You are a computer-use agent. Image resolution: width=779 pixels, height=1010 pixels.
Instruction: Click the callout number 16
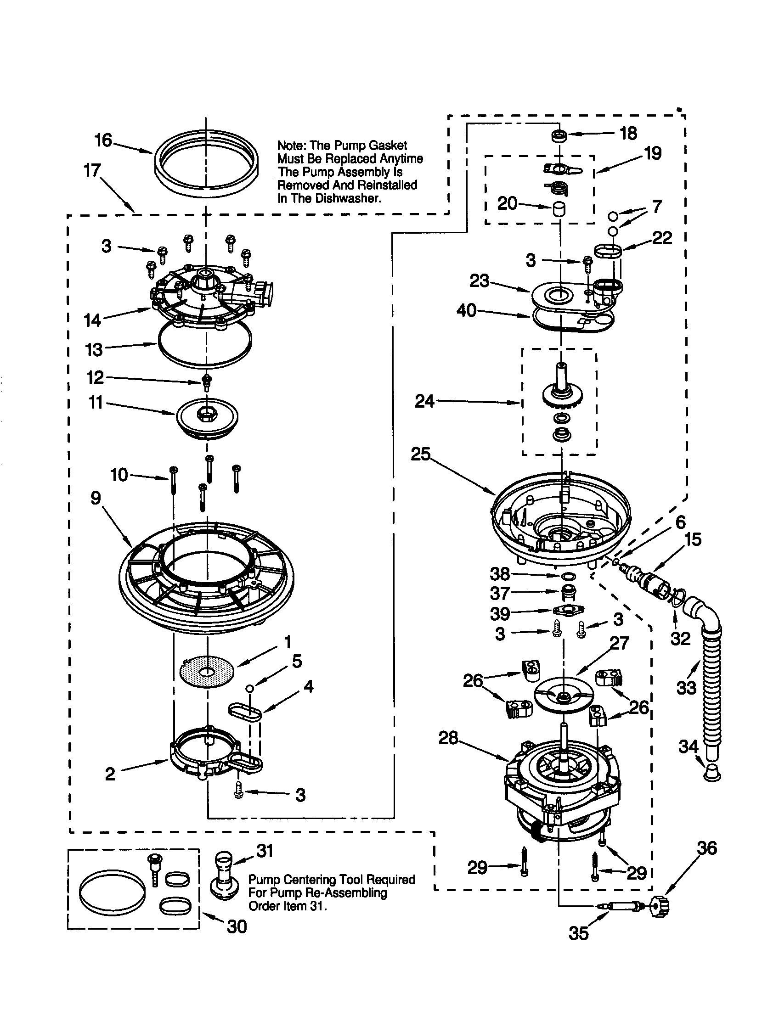click(103, 140)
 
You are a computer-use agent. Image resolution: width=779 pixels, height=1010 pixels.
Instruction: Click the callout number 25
click(420, 454)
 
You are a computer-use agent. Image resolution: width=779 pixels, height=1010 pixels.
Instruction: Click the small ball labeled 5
click(250, 689)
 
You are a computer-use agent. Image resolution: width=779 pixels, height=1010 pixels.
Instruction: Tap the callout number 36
click(707, 848)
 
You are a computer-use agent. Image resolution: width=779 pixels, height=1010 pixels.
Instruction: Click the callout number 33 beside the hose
click(686, 688)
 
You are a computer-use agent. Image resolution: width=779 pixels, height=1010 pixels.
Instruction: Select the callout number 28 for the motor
click(448, 738)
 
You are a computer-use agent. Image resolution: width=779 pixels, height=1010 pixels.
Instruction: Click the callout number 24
click(424, 401)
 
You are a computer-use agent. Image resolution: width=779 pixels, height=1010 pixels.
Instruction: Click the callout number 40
click(466, 310)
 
